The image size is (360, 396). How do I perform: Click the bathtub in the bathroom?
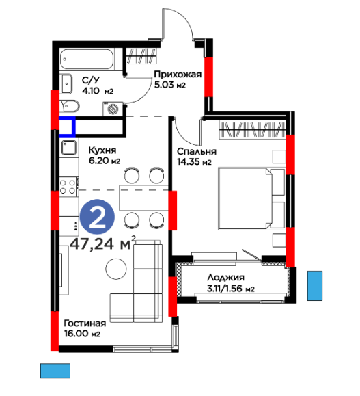click(87, 59)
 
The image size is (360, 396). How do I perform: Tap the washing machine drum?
click(113, 109)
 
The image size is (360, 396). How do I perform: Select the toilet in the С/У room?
click(70, 106)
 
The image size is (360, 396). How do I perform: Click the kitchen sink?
click(69, 147)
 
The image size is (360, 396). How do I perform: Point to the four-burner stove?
click(68, 187)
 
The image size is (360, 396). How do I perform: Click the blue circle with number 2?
click(97, 217)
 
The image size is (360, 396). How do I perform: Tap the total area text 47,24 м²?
click(102, 243)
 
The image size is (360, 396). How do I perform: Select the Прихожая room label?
click(178, 75)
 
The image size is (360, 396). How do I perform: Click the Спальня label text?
click(197, 151)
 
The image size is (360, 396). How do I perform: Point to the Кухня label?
click(102, 150)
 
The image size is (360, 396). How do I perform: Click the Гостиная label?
click(85, 324)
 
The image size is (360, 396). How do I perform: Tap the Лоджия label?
click(226, 277)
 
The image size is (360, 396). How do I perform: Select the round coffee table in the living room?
click(116, 269)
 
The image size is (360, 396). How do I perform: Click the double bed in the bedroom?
click(251, 198)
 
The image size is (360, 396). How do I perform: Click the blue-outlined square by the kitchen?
click(68, 127)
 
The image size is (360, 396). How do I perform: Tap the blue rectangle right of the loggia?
click(315, 286)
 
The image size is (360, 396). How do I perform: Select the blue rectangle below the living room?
click(55, 371)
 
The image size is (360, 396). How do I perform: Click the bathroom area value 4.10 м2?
click(98, 91)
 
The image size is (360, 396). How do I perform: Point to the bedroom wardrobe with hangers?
click(253, 130)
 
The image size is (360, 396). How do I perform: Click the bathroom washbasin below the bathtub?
click(66, 83)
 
